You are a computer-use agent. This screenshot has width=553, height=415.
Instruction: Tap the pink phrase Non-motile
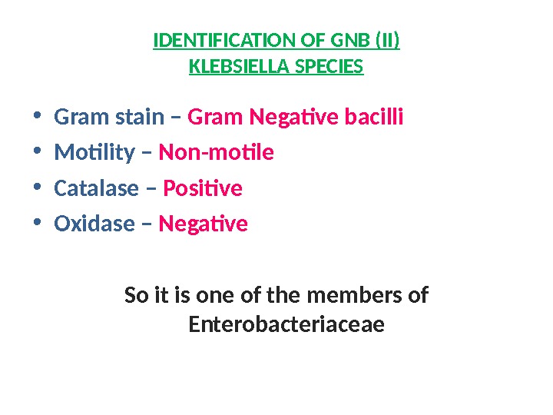tap(216, 153)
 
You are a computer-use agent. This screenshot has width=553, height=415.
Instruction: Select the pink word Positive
tap(203, 188)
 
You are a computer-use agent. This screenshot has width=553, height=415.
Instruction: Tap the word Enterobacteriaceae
tap(286, 325)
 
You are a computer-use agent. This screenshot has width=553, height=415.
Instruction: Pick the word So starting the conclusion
tap(136, 295)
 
